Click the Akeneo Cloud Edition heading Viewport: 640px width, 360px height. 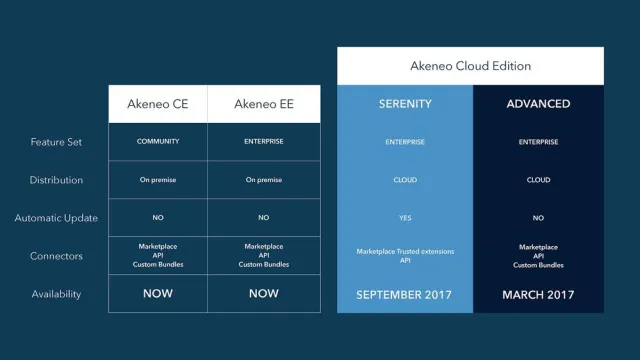pos(470,66)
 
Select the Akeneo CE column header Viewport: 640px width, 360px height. pos(158,103)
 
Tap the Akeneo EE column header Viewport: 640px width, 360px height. pos(264,103)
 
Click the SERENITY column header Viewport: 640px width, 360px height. pos(404,103)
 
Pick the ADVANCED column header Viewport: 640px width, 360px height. pos(538,103)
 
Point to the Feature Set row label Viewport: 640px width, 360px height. pos(56,142)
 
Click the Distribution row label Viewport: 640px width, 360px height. pos(56,180)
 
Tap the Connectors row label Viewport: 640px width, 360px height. pos(56,256)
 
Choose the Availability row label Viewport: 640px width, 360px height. pos(56,294)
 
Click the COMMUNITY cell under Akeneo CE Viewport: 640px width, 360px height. pos(158,142)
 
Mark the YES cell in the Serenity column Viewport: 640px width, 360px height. pos(404,218)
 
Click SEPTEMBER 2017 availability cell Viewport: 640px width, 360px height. pos(404,294)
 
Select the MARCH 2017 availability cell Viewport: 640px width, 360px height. pos(538,294)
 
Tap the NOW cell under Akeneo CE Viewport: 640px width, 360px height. pos(158,294)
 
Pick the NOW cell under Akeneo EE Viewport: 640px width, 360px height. pos(264,294)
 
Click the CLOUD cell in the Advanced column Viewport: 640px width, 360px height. pos(538,180)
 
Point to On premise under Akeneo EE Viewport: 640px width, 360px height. pos(264,180)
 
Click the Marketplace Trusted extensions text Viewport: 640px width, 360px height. pos(404,251)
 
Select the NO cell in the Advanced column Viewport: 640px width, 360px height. pos(538,218)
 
